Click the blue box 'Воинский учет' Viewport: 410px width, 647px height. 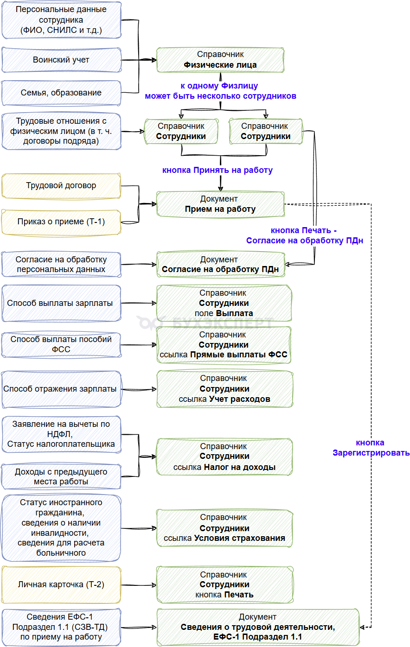61,60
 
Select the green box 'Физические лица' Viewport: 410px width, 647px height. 220,60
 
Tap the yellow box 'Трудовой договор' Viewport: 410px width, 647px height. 61,186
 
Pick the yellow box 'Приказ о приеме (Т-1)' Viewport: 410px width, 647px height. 61,222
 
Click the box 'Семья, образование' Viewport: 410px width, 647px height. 61,93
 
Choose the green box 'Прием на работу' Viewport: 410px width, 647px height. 220,204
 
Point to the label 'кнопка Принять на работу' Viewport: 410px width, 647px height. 218,170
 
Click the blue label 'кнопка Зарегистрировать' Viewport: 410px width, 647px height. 371,448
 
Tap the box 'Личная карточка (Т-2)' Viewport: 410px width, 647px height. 61,584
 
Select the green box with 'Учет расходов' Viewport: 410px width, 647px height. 224,389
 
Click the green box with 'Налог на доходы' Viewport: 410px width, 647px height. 224,457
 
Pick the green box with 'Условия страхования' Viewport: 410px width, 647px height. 224,528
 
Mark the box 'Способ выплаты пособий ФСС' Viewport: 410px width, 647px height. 61,344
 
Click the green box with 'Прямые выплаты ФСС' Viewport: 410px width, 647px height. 224,344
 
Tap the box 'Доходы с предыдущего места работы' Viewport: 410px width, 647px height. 61,476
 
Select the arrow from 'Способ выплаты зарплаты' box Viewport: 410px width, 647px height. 139,303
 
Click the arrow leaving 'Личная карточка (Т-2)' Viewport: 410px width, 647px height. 139,585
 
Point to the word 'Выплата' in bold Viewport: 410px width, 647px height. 235,313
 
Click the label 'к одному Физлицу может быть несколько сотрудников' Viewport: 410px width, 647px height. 220,91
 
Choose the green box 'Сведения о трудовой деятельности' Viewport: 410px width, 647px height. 258,627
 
